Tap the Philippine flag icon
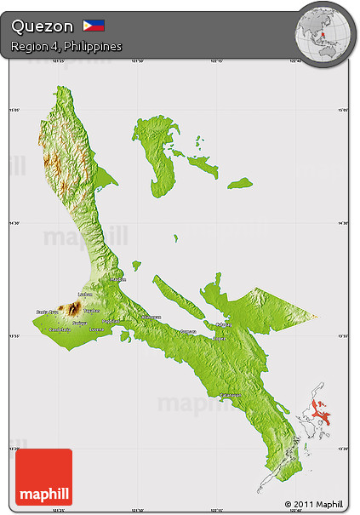94,26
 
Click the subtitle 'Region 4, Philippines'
66,45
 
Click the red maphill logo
44,477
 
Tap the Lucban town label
84,295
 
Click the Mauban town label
118,279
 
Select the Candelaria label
60,330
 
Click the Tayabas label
92,310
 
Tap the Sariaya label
79,323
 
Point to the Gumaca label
187,332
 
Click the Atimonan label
151,318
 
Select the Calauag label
223,324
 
